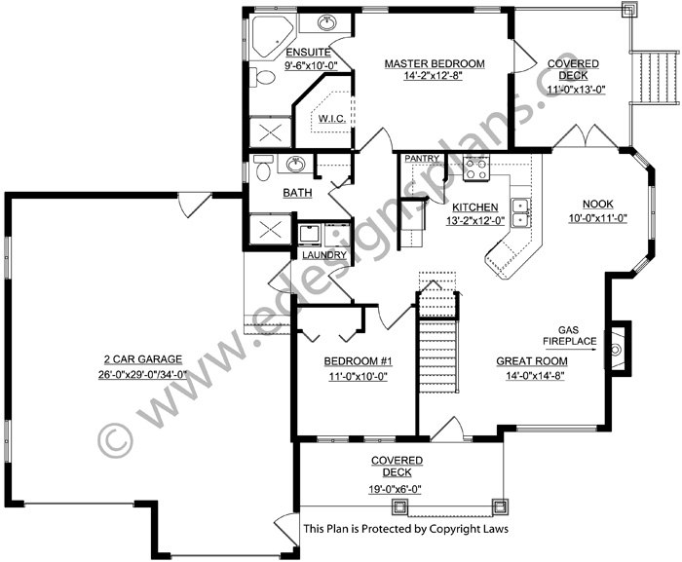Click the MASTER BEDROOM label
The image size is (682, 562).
(x=435, y=63)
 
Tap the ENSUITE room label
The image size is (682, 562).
(x=308, y=53)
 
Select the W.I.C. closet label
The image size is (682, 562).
(x=332, y=118)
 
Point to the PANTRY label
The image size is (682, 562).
(x=422, y=159)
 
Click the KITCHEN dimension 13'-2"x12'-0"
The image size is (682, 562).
(x=475, y=220)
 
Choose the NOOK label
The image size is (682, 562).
(x=597, y=204)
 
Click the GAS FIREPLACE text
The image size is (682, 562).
(x=569, y=336)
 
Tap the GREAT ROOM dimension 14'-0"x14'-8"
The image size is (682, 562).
(x=535, y=375)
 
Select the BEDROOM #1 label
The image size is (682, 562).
(x=358, y=361)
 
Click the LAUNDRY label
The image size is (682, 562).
(x=324, y=255)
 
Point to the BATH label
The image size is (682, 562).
(x=297, y=192)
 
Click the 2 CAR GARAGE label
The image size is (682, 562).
(x=142, y=359)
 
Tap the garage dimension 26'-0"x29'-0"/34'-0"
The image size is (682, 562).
(x=142, y=374)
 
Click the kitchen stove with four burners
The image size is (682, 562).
(x=476, y=169)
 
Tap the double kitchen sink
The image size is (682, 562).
(x=520, y=212)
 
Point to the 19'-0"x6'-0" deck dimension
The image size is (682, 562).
(x=394, y=489)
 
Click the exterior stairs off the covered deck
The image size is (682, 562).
(x=655, y=77)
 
